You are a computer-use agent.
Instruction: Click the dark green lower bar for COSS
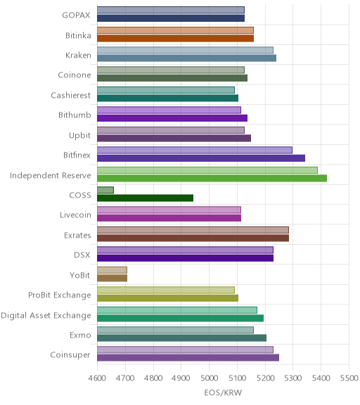(x=145, y=198)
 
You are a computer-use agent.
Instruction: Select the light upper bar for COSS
(x=105, y=190)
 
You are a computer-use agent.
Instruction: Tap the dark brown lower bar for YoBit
(x=112, y=278)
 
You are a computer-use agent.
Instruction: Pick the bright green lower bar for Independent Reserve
(x=212, y=178)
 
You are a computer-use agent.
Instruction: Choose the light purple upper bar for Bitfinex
(x=195, y=150)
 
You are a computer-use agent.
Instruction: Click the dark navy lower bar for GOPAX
(x=171, y=18)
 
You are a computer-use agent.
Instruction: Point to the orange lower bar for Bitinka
(x=175, y=39)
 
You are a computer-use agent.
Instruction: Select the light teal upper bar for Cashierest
(x=166, y=90)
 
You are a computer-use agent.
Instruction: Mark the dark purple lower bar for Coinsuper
(x=188, y=358)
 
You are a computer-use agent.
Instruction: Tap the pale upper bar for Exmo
(x=175, y=330)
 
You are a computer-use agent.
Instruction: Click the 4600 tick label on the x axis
(x=97, y=378)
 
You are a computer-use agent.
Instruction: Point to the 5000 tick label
(x=210, y=378)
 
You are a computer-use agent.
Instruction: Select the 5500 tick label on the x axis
(x=349, y=378)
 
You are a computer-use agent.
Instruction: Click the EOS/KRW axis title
(x=223, y=392)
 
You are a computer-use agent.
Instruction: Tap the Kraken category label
(x=78, y=55)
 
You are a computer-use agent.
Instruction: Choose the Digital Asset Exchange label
(x=46, y=316)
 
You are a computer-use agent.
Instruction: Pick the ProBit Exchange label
(x=60, y=295)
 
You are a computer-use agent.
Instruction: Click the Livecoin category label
(x=75, y=214)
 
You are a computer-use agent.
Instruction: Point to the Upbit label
(x=79, y=135)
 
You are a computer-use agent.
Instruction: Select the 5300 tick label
(x=293, y=378)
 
